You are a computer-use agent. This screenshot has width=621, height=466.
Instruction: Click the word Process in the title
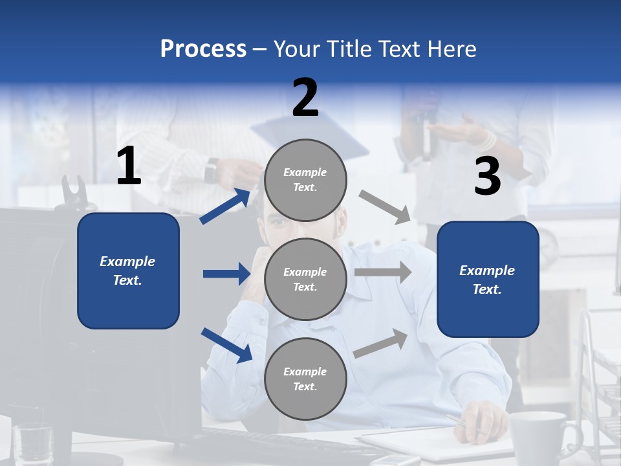click(203, 49)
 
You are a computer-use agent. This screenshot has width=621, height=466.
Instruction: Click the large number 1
click(129, 166)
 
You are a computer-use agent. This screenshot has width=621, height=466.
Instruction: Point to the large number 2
click(305, 98)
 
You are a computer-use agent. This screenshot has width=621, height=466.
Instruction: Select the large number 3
click(487, 177)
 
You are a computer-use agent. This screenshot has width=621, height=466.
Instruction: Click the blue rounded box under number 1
click(128, 271)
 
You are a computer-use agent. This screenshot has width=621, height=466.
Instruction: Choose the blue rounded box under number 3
click(488, 280)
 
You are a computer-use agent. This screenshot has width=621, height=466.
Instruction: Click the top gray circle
click(305, 180)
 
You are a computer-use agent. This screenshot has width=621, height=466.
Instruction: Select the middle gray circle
click(305, 279)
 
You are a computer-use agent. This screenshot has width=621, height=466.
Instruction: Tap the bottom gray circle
click(305, 379)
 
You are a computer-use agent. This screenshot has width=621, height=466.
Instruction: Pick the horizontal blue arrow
click(227, 274)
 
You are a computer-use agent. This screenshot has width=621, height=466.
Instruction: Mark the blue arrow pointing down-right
click(227, 345)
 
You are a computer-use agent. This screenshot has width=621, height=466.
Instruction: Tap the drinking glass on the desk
click(32, 443)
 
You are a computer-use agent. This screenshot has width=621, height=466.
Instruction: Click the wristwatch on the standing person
click(211, 172)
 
